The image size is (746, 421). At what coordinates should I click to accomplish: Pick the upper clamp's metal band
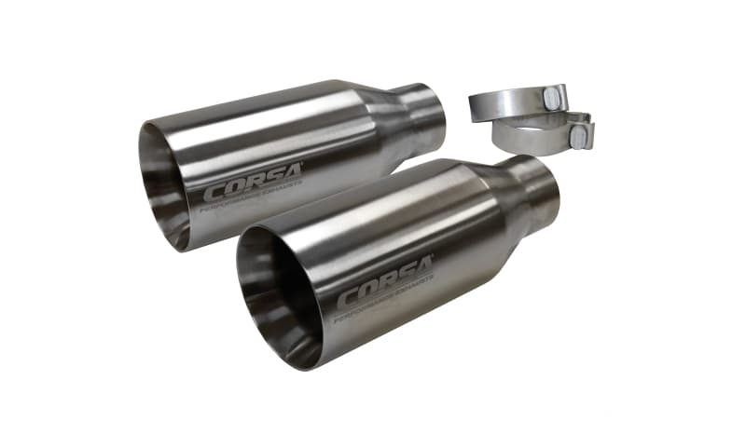click(504, 102)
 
